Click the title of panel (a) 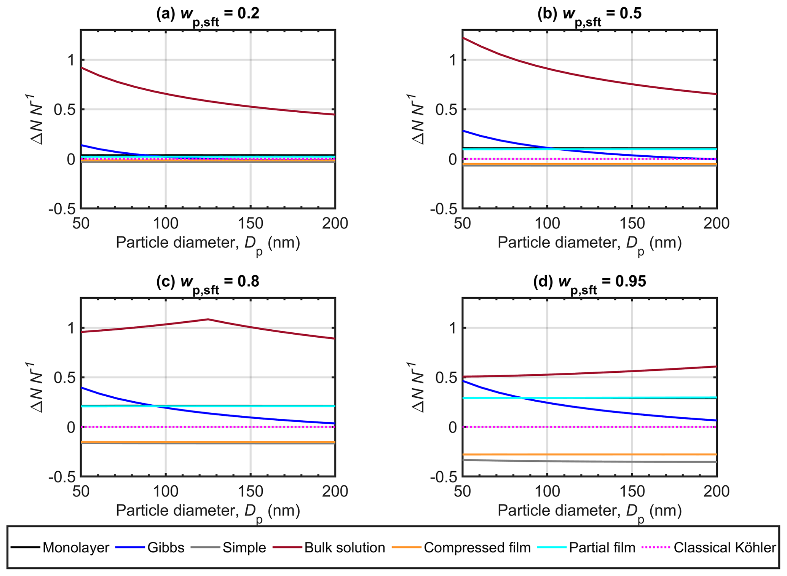pos(208,14)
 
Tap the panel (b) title pos(589,14)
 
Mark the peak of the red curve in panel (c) pos(208,319)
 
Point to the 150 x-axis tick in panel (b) pos(632,223)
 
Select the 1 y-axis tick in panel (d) pos(453,328)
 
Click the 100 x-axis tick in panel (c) pos(166,491)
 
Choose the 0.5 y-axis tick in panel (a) pos(65,110)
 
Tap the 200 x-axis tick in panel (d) pos(716,491)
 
